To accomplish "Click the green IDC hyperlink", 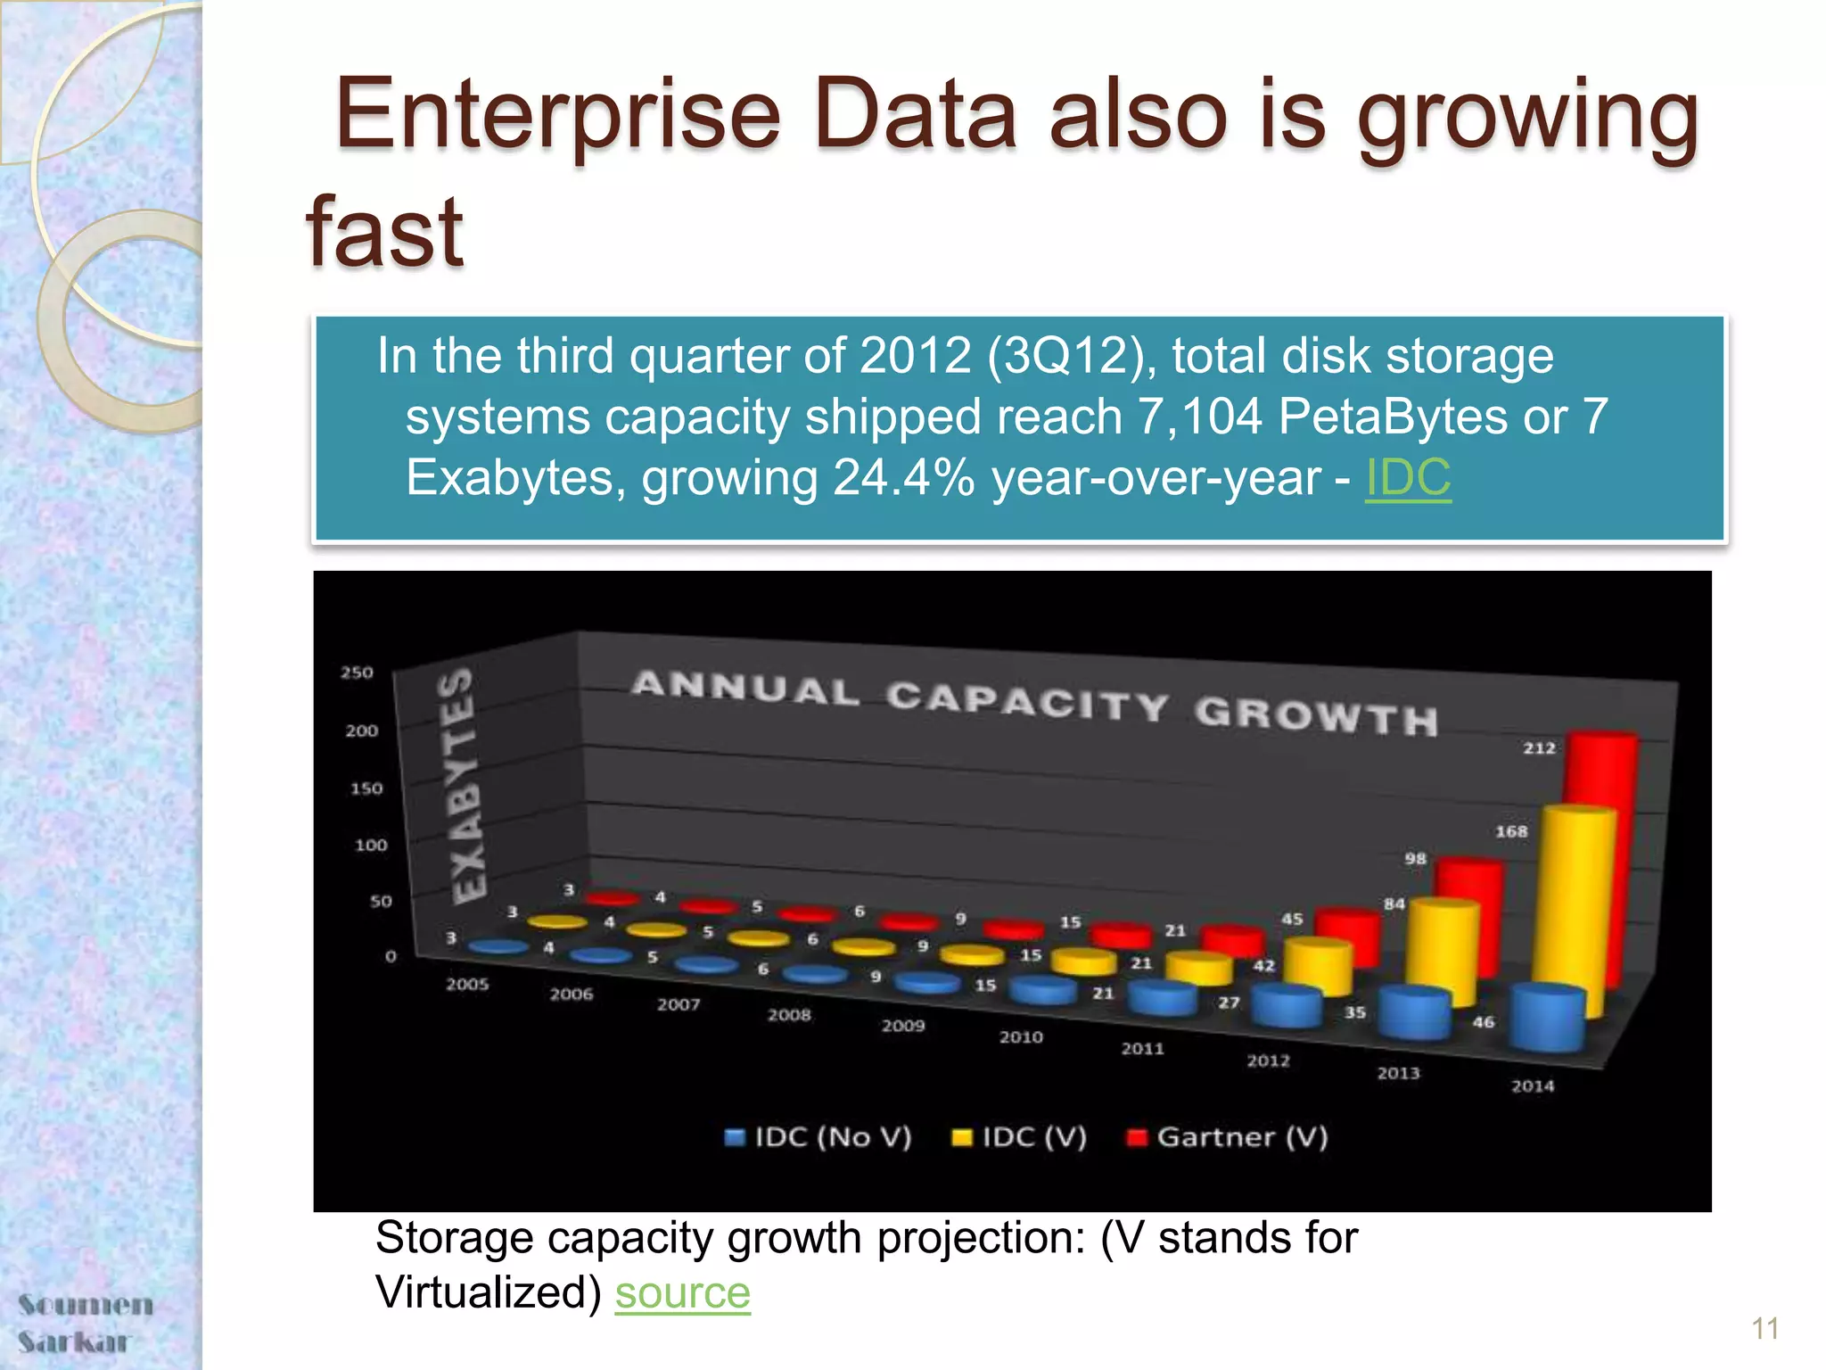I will pyautogui.click(x=1408, y=477).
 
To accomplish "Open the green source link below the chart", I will pyautogui.click(x=682, y=1292).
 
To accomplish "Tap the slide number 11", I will pyautogui.click(x=1764, y=1329).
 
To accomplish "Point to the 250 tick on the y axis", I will pyautogui.click(x=357, y=673).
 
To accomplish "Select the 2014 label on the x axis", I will pyautogui.click(x=1532, y=1085).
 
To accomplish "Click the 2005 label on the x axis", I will pyautogui.click(x=467, y=984).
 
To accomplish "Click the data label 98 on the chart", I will pyautogui.click(x=1415, y=859).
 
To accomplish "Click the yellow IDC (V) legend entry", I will pyautogui.click(x=1020, y=1137).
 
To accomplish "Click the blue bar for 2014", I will pyautogui.click(x=1550, y=1017).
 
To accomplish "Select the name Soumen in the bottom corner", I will pyautogui.click(x=86, y=1305).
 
